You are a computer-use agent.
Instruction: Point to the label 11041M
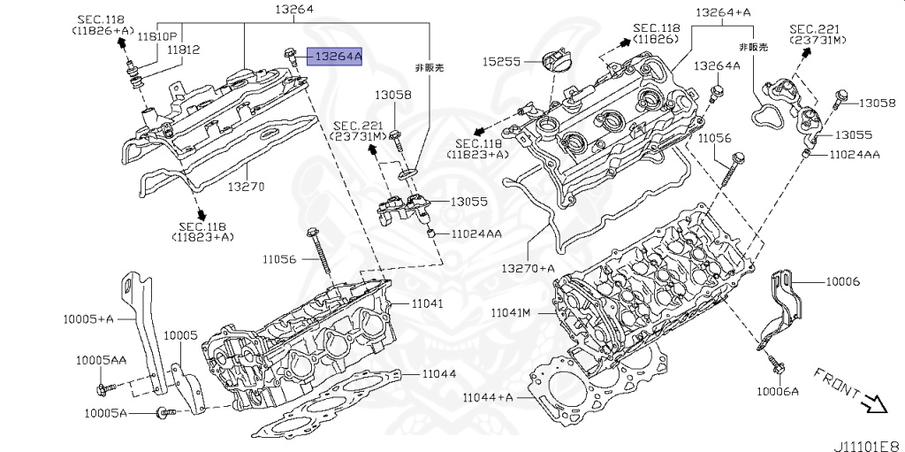click(x=510, y=313)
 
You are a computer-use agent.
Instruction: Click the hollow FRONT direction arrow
click(x=876, y=403)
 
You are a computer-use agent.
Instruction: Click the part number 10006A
click(x=777, y=391)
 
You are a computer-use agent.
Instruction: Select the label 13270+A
click(x=528, y=268)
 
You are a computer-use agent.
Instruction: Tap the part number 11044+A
click(x=488, y=397)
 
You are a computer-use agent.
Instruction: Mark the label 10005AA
click(x=100, y=360)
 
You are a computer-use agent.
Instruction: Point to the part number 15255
click(x=501, y=62)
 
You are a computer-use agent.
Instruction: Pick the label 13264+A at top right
click(x=723, y=12)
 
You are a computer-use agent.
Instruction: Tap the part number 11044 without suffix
click(x=438, y=374)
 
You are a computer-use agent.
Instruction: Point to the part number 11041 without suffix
click(x=425, y=303)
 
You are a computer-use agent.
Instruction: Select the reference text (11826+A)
click(x=103, y=30)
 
